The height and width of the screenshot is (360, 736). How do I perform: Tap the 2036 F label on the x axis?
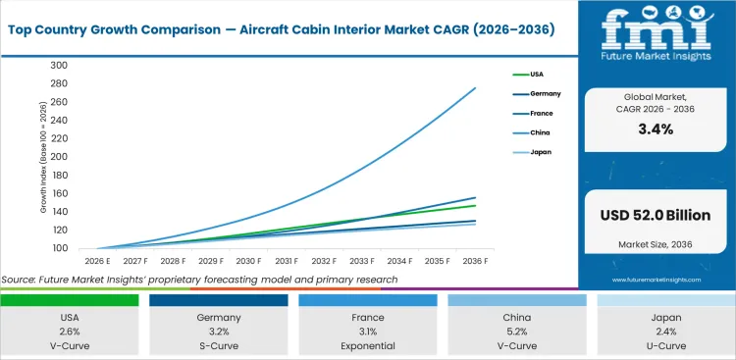475,262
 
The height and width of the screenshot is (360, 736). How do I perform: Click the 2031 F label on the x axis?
286,262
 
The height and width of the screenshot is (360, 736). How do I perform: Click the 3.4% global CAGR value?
655,129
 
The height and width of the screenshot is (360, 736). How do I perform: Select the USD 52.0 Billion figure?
655,215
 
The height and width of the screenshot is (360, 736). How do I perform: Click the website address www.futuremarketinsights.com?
655,280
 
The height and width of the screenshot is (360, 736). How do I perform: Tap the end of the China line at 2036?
475,88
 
